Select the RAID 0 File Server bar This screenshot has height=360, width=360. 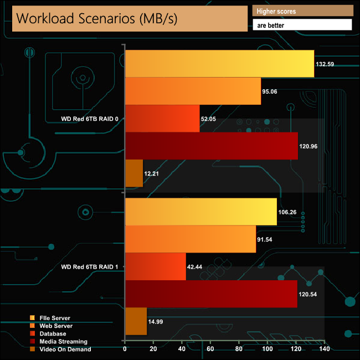(220, 64)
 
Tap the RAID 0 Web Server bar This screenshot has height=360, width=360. (193, 91)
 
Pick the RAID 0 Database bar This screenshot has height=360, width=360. (162, 119)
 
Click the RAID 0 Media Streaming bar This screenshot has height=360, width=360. (212, 146)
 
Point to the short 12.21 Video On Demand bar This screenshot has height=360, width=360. (135, 173)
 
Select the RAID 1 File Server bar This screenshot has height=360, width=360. (201, 212)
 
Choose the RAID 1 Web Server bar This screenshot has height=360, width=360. (191, 239)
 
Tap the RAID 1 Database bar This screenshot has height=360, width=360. (156, 266)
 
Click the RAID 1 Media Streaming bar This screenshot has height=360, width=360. (212, 294)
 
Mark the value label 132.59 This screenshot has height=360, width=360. (325, 64)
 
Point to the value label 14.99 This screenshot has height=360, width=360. (158, 322)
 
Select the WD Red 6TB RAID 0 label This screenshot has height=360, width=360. (90, 119)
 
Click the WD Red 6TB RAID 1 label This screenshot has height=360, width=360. (90, 267)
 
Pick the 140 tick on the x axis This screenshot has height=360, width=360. (325, 349)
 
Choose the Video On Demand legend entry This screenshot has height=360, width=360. (61, 349)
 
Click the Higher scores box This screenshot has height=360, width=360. (302, 11)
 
